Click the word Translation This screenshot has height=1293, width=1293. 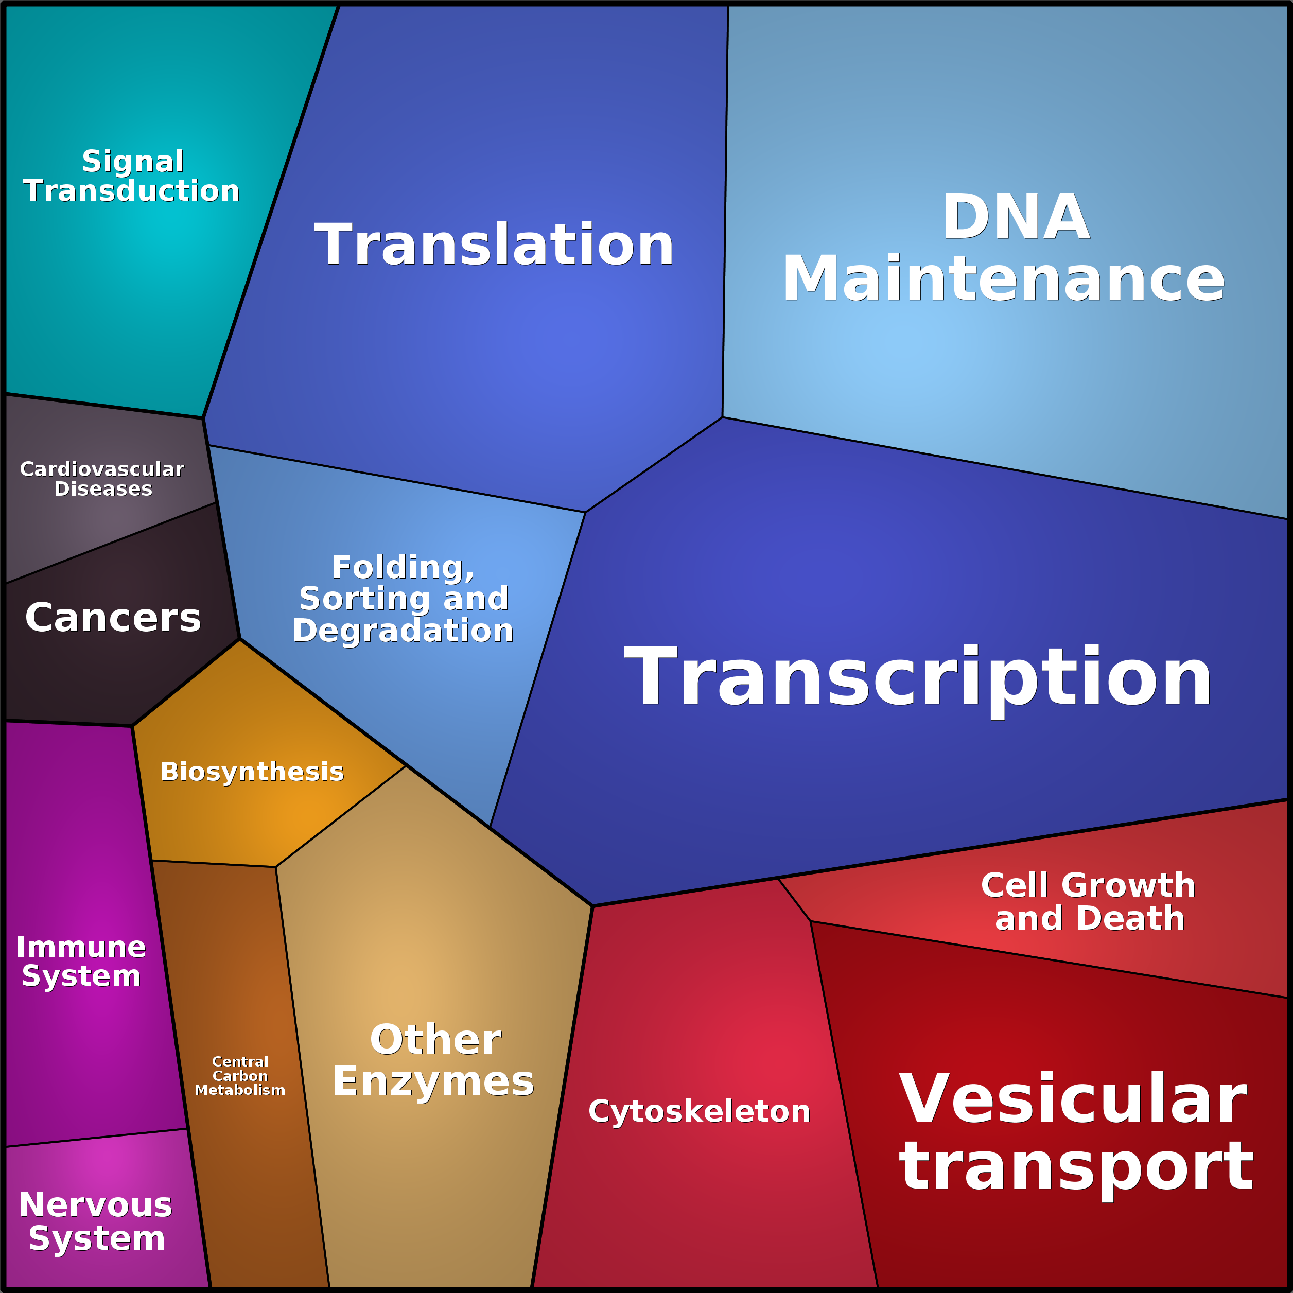coord(494,245)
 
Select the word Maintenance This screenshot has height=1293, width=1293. coord(1003,279)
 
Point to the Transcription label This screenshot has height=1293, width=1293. coord(917,677)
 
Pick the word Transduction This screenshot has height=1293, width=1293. coord(131,191)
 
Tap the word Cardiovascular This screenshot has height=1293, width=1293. coord(102,469)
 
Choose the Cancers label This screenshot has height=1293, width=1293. coord(112,617)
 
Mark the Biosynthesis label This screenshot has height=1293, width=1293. coord(252,772)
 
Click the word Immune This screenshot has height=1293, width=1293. coord(81,947)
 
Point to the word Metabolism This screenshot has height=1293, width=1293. coord(239,1090)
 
